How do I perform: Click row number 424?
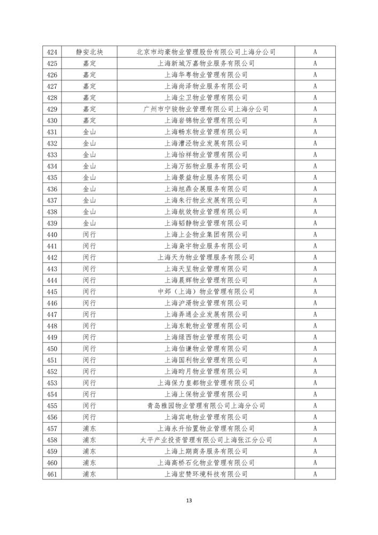click(52, 52)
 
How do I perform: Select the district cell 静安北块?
click(89, 52)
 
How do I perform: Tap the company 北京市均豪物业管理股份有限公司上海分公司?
click(206, 52)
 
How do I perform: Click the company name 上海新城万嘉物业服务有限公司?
click(206, 63)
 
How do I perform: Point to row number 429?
click(52, 109)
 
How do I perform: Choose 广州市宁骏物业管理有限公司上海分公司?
click(206, 109)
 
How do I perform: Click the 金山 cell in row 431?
click(89, 132)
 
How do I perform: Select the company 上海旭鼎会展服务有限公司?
click(206, 189)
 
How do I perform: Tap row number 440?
click(52, 234)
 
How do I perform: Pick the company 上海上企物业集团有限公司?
click(206, 234)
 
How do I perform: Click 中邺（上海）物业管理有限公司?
click(206, 292)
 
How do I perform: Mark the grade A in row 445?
click(315, 292)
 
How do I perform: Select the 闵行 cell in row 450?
click(89, 348)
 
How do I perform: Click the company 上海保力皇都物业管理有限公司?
click(206, 383)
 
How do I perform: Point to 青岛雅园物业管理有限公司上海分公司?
click(206, 406)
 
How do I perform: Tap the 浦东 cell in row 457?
click(89, 429)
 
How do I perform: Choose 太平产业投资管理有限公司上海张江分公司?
click(206, 440)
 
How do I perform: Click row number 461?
click(52, 474)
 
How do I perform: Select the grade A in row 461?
click(315, 474)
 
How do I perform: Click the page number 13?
click(188, 500)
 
